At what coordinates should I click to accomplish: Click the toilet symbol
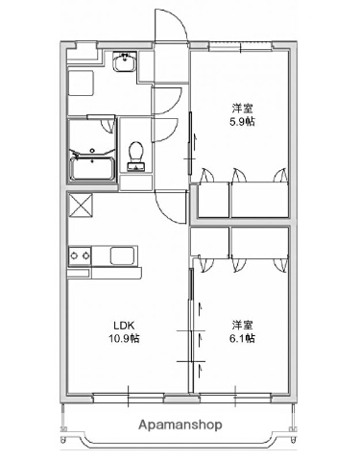[136, 155]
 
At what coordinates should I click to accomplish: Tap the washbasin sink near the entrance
[123, 64]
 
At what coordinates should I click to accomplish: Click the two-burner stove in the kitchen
[80, 255]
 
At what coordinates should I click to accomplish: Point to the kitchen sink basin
[124, 256]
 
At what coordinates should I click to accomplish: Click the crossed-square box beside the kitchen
[80, 205]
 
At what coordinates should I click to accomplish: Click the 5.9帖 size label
[241, 123]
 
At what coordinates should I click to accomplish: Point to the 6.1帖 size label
[241, 339]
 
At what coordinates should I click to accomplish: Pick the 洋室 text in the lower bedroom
[241, 325]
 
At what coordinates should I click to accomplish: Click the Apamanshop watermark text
[180, 424]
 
